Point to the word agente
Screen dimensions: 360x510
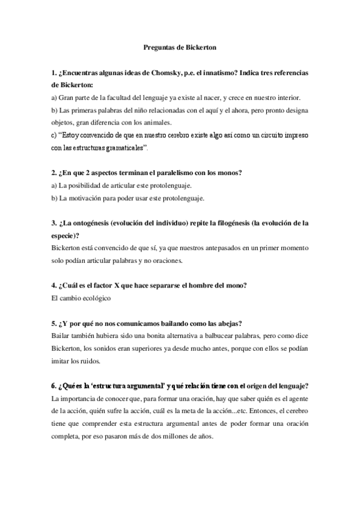coord(298,398)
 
